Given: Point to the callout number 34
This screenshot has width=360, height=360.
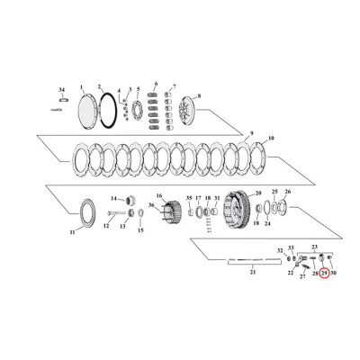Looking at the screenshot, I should coord(61,91).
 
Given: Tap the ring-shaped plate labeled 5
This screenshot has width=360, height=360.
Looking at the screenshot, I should coord(139,113).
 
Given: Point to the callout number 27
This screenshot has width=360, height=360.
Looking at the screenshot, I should coord(301,277).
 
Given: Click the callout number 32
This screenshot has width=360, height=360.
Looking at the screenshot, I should coord(281,250).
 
